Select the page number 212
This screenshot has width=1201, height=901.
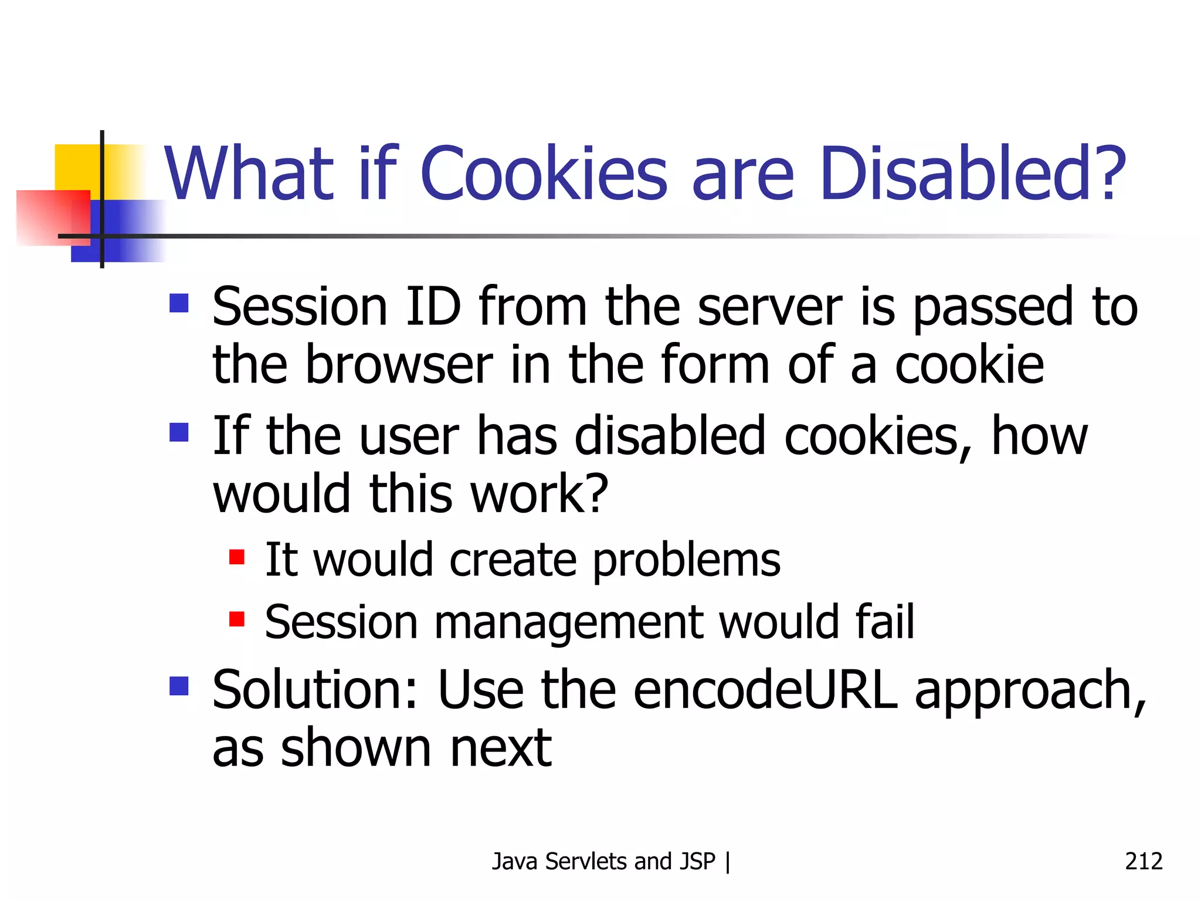(1143, 861)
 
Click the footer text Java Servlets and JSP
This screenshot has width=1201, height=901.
(603, 861)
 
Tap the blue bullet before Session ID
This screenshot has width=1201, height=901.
(179, 303)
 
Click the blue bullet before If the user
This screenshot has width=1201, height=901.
(179, 432)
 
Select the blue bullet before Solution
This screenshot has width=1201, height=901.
(179, 686)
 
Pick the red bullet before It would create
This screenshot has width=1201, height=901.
(237, 557)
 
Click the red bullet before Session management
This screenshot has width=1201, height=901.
(237, 619)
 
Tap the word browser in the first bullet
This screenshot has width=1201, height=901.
(399, 365)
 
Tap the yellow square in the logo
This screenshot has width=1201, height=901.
(76, 167)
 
